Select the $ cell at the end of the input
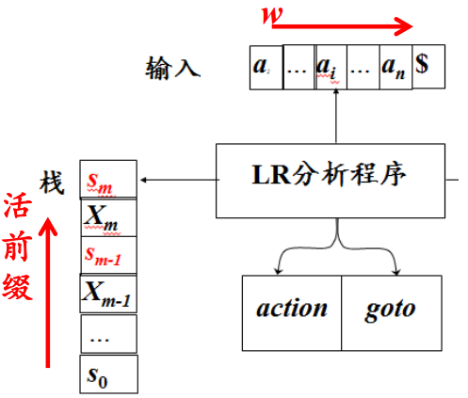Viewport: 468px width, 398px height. click(427, 67)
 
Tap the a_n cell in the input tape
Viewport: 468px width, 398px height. click(394, 67)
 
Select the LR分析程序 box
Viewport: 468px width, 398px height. click(333, 180)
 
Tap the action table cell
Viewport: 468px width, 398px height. click(292, 309)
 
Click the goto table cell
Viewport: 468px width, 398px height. click(390, 309)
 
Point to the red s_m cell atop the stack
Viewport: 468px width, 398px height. click(109, 179)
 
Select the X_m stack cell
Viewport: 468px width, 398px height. click(109, 216)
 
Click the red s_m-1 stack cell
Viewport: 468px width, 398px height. click(109, 255)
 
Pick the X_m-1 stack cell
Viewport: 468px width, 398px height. click(109, 294)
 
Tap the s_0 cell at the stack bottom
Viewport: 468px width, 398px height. click(109, 374)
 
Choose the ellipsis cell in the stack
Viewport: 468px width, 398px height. click(109, 333)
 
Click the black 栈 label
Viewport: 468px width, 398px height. click(53, 183)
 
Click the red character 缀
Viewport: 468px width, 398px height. click(19, 285)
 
